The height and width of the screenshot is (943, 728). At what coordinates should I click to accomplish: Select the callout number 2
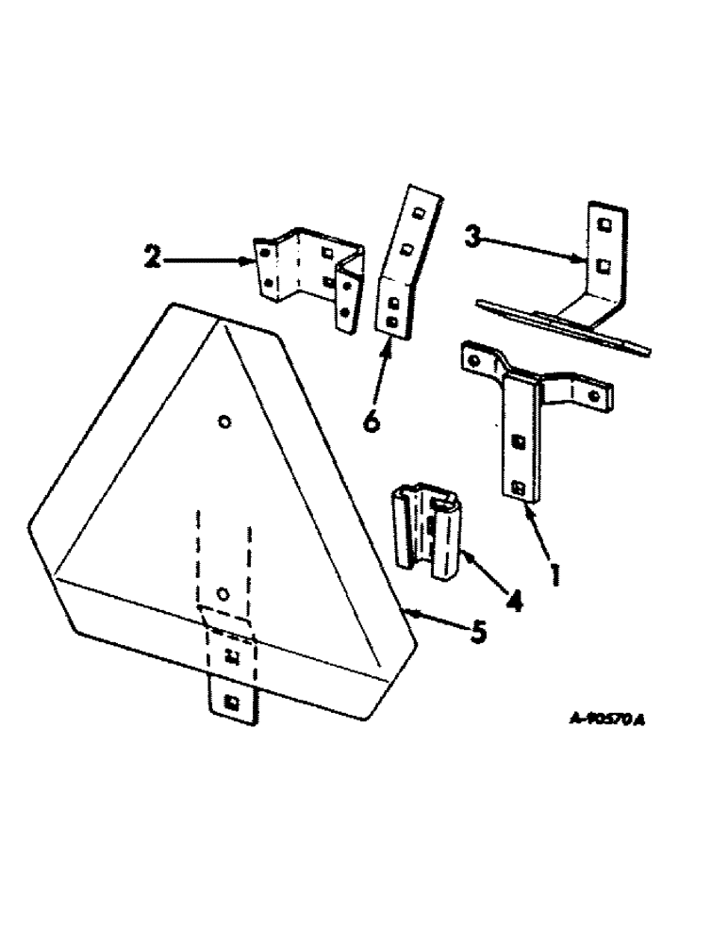coord(150,256)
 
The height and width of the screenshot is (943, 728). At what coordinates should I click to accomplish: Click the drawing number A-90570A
coord(607,720)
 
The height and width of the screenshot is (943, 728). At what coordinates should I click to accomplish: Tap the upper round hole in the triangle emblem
coord(224,422)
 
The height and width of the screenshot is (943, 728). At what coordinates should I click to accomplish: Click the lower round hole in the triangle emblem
coord(223,593)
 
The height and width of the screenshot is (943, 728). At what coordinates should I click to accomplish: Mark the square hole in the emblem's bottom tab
coord(231,702)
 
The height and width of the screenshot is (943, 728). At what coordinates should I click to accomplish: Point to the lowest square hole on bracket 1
coord(519,486)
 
